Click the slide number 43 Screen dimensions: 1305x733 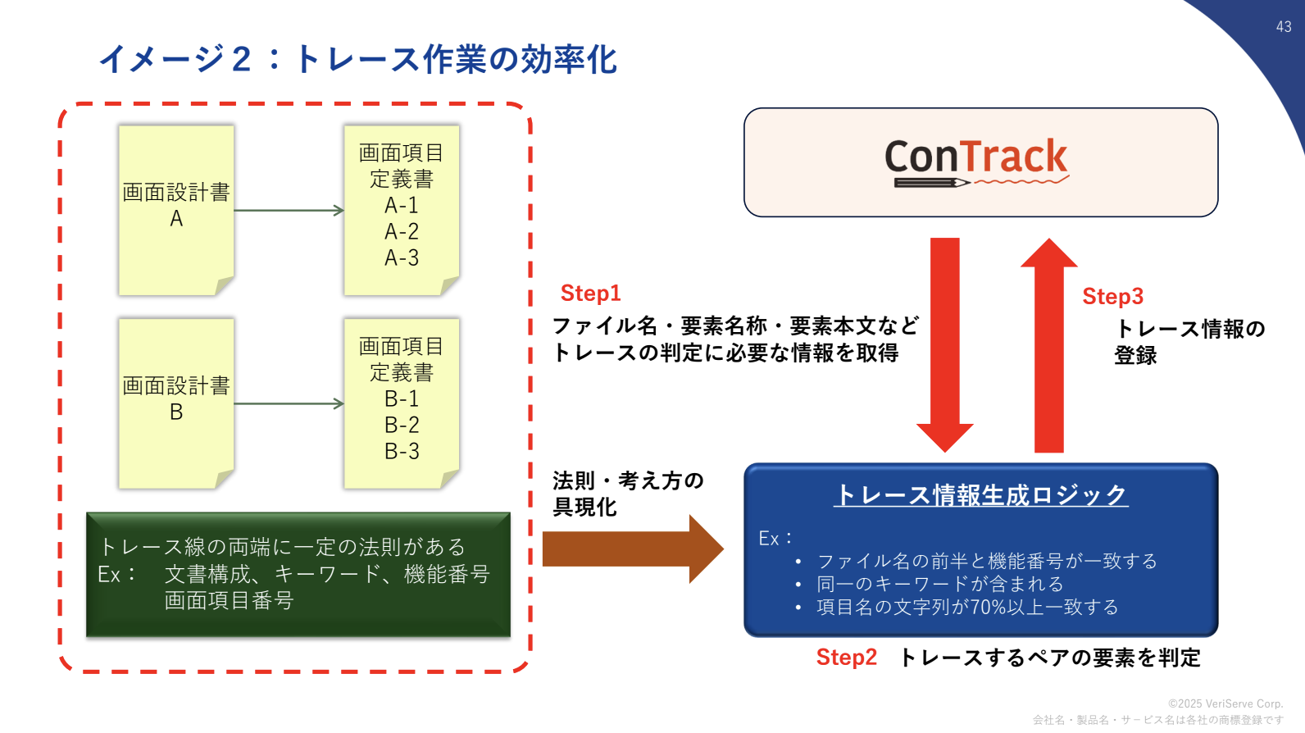tap(1284, 27)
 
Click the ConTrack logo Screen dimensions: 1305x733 tap(976, 162)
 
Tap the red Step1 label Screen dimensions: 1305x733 tap(591, 293)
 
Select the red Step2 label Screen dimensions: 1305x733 tap(847, 658)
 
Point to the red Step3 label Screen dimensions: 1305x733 tap(1112, 296)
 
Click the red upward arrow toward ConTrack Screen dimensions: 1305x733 tap(1049, 345)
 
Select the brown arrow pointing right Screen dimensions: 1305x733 tap(634, 549)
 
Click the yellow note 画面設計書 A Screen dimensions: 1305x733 tap(176, 211)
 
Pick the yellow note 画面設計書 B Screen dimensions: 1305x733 tap(176, 403)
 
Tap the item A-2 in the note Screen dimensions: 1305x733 tap(402, 232)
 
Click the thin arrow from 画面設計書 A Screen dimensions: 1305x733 tap(289, 211)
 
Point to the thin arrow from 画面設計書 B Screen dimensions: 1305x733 tap(289, 403)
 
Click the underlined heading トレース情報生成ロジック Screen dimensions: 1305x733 tap(981, 495)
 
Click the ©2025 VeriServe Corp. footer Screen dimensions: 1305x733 tap(1225, 703)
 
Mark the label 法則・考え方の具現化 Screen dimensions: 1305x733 tap(628, 494)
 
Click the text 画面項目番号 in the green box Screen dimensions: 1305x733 tap(229, 600)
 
